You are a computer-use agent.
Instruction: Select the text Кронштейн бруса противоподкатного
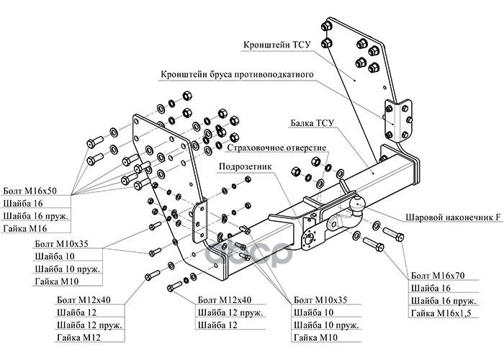click(235, 74)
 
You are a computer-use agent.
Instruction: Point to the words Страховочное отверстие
click(276, 148)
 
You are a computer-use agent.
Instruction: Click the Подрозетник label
click(245, 166)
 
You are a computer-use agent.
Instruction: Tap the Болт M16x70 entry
click(438, 275)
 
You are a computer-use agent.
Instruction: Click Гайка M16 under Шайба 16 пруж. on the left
click(24, 229)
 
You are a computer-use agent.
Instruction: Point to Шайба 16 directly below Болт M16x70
click(431, 287)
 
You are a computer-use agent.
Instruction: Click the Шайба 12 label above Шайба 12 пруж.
click(75, 312)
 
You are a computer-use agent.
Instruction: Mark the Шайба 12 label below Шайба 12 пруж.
click(217, 325)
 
